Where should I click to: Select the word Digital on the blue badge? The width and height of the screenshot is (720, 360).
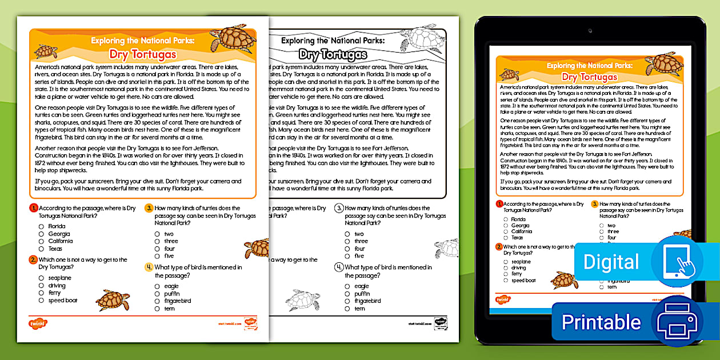611,262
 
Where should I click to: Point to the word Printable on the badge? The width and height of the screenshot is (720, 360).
601,322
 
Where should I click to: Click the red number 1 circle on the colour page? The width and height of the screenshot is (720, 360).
34,208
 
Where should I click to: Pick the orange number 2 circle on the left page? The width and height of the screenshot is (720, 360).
34,259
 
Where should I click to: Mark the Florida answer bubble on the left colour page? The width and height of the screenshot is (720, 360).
41,226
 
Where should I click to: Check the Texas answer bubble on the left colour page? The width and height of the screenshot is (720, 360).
41,249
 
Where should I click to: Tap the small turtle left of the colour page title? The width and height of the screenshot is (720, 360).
46,51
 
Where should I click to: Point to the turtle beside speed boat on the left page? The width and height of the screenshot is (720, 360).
112,299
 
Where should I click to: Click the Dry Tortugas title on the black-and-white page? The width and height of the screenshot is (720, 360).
333,55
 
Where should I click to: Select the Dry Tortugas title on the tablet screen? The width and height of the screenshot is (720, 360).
589,77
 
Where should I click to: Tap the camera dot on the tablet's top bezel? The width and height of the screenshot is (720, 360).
590,30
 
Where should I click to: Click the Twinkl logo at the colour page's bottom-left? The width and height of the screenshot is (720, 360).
38,323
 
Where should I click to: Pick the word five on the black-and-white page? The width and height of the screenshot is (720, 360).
359,256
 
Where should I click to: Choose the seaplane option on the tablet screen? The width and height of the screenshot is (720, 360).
521,262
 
